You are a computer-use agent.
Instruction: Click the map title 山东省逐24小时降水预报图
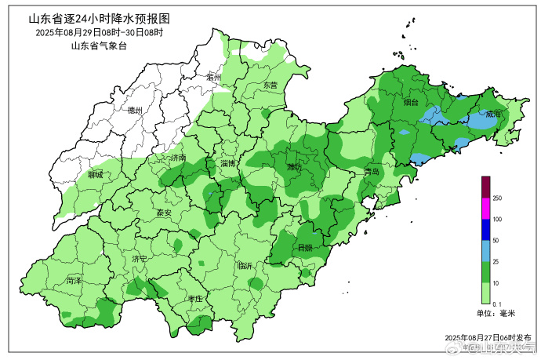click(x=99, y=18)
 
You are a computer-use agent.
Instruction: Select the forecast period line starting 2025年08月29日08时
click(x=99, y=33)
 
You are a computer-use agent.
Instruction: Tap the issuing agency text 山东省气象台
click(x=98, y=46)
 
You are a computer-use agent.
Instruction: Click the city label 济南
click(x=178, y=158)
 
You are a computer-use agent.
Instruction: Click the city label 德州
click(x=135, y=111)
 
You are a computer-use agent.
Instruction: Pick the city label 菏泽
click(x=74, y=280)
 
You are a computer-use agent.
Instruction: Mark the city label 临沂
click(x=245, y=266)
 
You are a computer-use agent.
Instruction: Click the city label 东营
click(x=270, y=85)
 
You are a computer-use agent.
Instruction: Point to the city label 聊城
click(x=96, y=175)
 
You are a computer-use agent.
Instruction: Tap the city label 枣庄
click(x=194, y=300)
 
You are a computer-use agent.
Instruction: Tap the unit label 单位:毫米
click(x=496, y=314)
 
